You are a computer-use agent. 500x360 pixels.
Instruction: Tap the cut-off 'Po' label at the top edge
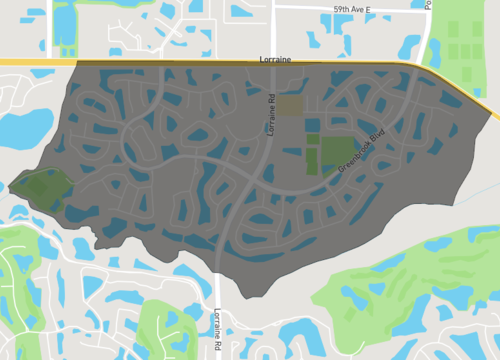click(x=428, y=5)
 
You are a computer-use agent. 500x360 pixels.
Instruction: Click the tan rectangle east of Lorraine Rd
click(x=289, y=103)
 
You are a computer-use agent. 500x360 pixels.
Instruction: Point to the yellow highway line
click(x=150, y=63)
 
